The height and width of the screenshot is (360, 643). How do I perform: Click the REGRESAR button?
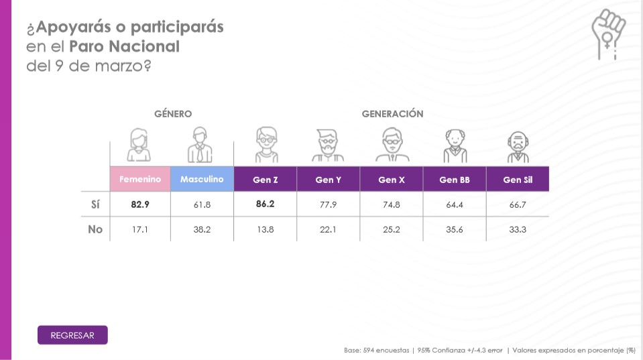72,335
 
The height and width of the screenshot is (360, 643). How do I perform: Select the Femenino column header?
140,179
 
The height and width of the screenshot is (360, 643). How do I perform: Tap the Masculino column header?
202,179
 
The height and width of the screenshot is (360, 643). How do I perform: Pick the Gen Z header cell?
266,179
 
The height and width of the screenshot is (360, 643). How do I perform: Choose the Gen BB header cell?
455,179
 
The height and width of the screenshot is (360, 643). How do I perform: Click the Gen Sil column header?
518,179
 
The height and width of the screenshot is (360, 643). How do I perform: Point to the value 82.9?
140,204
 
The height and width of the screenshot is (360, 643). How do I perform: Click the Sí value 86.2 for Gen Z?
266,204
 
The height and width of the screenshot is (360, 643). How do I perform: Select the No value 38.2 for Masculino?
202,230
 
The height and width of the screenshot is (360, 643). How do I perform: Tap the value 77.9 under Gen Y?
328,204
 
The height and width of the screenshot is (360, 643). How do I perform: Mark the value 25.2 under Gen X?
391,230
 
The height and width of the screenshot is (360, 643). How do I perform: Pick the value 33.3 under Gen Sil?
518,230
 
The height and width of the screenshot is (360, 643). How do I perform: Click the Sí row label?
95,204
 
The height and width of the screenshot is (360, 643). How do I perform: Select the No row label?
95,229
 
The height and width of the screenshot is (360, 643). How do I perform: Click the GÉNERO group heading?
173,113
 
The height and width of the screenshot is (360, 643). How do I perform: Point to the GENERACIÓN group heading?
392,113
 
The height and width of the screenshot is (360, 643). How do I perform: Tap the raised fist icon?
608,34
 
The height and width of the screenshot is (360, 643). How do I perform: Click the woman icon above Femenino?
139,145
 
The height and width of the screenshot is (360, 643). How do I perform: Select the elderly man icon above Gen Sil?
518,147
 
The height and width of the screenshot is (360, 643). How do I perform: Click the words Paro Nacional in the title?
124,46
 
